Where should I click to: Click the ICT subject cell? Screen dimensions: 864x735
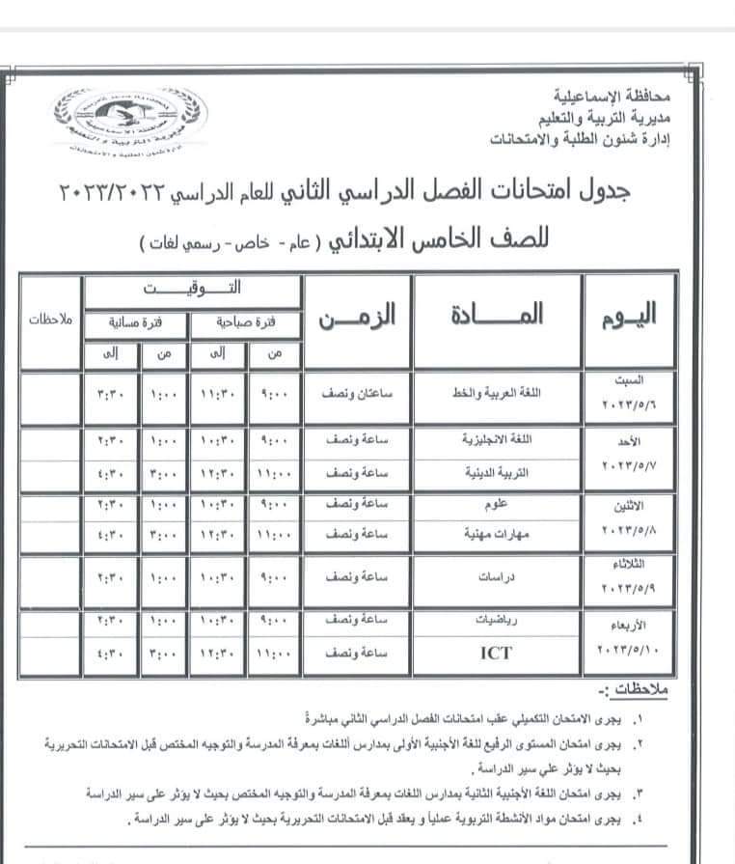pos(495,654)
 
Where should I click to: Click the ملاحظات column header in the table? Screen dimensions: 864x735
pos(48,320)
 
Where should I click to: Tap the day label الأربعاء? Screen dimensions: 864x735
pos(637,625)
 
